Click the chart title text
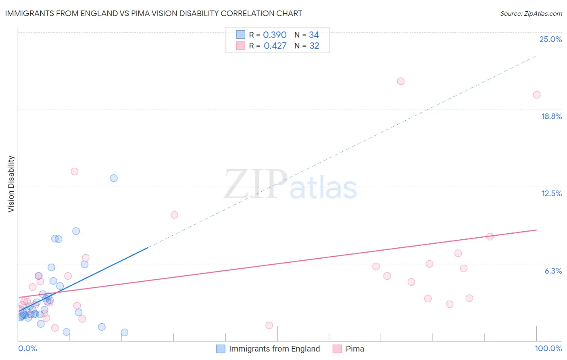154,13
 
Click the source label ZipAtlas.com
531,13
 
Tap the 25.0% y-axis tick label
550,39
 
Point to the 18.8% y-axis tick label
551,116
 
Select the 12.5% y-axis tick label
551,193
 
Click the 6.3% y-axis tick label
553,271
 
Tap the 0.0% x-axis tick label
27,348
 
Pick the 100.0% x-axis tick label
548,348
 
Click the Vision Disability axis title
11,184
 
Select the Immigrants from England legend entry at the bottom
274,349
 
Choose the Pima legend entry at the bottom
354,349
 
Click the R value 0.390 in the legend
275,35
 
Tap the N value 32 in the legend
314,46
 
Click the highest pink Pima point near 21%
400,81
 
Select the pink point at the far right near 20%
537,95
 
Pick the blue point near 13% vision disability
114,178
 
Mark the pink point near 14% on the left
75,172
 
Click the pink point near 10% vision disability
174,215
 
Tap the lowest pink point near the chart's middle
269,325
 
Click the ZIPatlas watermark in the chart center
290,185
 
